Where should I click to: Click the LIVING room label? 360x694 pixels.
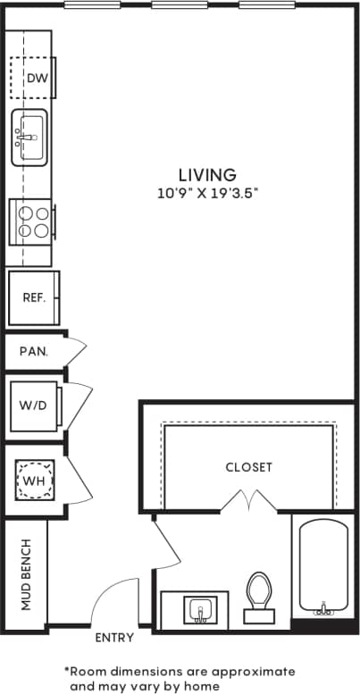[x=206, y=175]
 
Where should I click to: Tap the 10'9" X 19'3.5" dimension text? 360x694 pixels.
[x=206, y=192]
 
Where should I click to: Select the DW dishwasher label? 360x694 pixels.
[x=36, y=79]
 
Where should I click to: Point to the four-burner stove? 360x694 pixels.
[x=31, y=222]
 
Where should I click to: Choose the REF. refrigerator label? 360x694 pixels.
[x=34, y=296]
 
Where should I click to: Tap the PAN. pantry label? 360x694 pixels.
[x=33, y=351]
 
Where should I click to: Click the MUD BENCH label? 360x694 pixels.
[x=26, y=574]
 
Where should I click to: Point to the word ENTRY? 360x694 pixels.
[x=113, y=638]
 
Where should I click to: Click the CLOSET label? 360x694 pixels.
[x=248, y=467]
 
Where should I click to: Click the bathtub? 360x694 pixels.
[x=323, y=568]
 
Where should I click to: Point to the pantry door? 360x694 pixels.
[x=76, y=350]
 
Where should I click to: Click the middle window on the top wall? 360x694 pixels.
[x=180, y=4]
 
